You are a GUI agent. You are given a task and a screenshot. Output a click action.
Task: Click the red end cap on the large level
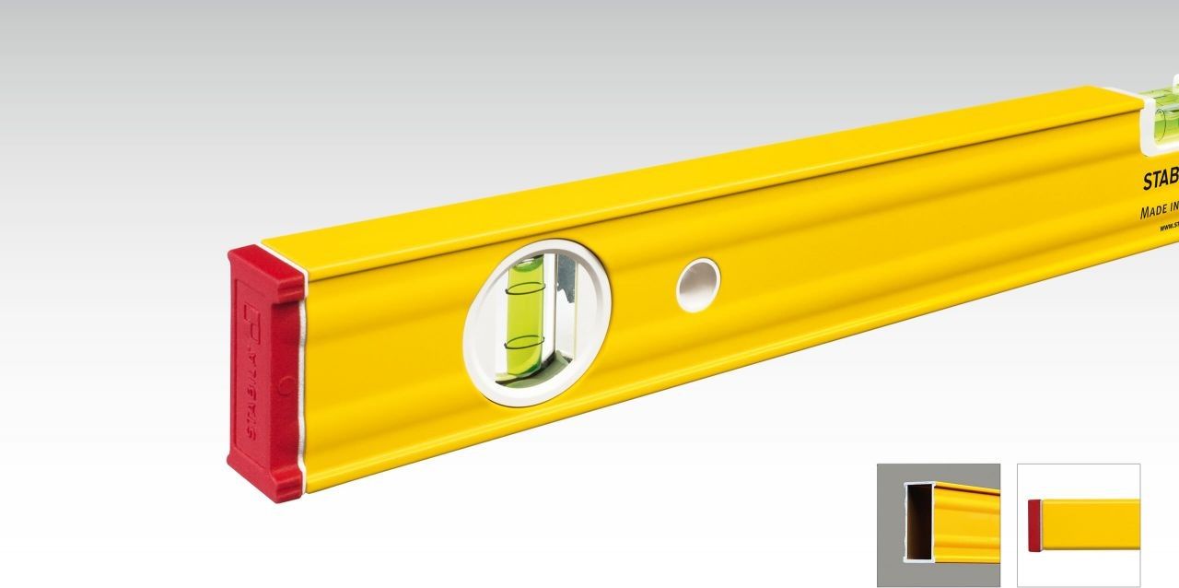(264, 373)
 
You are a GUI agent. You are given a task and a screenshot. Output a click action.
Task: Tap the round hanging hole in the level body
(697, 284)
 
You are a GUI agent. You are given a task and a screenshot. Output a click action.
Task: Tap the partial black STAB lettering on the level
(1160, 182)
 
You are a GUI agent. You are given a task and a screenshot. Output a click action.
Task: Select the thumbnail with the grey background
(938, 524)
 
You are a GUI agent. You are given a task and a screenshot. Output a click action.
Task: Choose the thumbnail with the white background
(1078, 524)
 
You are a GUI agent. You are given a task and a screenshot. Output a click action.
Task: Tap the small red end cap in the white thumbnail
(1034, 525)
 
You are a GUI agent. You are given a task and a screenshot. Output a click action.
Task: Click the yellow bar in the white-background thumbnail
(1091, 525)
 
